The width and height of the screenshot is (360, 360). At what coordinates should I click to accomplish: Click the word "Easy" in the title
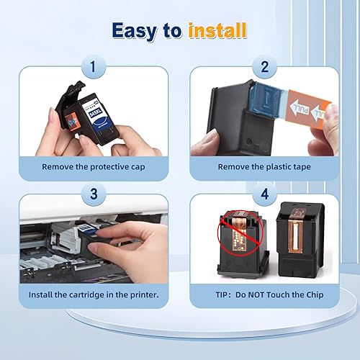coord(135,31)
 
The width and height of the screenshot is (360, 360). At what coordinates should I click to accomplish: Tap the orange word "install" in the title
coord(217,30)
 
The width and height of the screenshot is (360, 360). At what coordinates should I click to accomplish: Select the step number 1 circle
coord(94,67)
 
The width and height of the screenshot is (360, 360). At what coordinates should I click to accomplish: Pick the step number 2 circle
coord(264,67)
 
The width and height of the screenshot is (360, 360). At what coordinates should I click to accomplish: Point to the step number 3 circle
coord(94,194)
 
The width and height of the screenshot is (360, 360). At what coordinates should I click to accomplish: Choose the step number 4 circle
coord(265,194)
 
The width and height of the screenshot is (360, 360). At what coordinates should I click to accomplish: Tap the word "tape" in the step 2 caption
coord(302,167)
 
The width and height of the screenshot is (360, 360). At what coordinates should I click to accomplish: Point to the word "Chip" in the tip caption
coord(315,295)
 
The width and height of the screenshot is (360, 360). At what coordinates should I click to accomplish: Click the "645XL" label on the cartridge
coord(96,112)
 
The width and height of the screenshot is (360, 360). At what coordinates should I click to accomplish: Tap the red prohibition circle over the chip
coord(240,233)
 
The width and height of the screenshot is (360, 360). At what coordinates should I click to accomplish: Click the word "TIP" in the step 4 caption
coord(221,294)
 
